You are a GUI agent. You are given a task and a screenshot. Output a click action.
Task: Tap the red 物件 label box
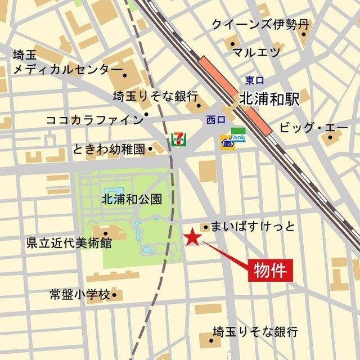point(269,270)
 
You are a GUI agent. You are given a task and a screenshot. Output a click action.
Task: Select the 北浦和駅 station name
point(269,99)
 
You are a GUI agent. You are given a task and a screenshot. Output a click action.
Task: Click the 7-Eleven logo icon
point(178,140)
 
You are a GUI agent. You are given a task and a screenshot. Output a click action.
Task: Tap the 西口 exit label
point(215,119)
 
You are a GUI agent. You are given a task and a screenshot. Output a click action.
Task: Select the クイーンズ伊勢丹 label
point(260,24)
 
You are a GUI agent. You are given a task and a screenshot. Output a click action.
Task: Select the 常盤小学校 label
point(79,294)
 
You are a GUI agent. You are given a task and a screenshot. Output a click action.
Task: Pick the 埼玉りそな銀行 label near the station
point(155,95)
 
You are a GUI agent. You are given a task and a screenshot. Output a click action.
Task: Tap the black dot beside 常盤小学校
point(114,294)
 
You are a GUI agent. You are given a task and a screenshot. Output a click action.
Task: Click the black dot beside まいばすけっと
point(206,227)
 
